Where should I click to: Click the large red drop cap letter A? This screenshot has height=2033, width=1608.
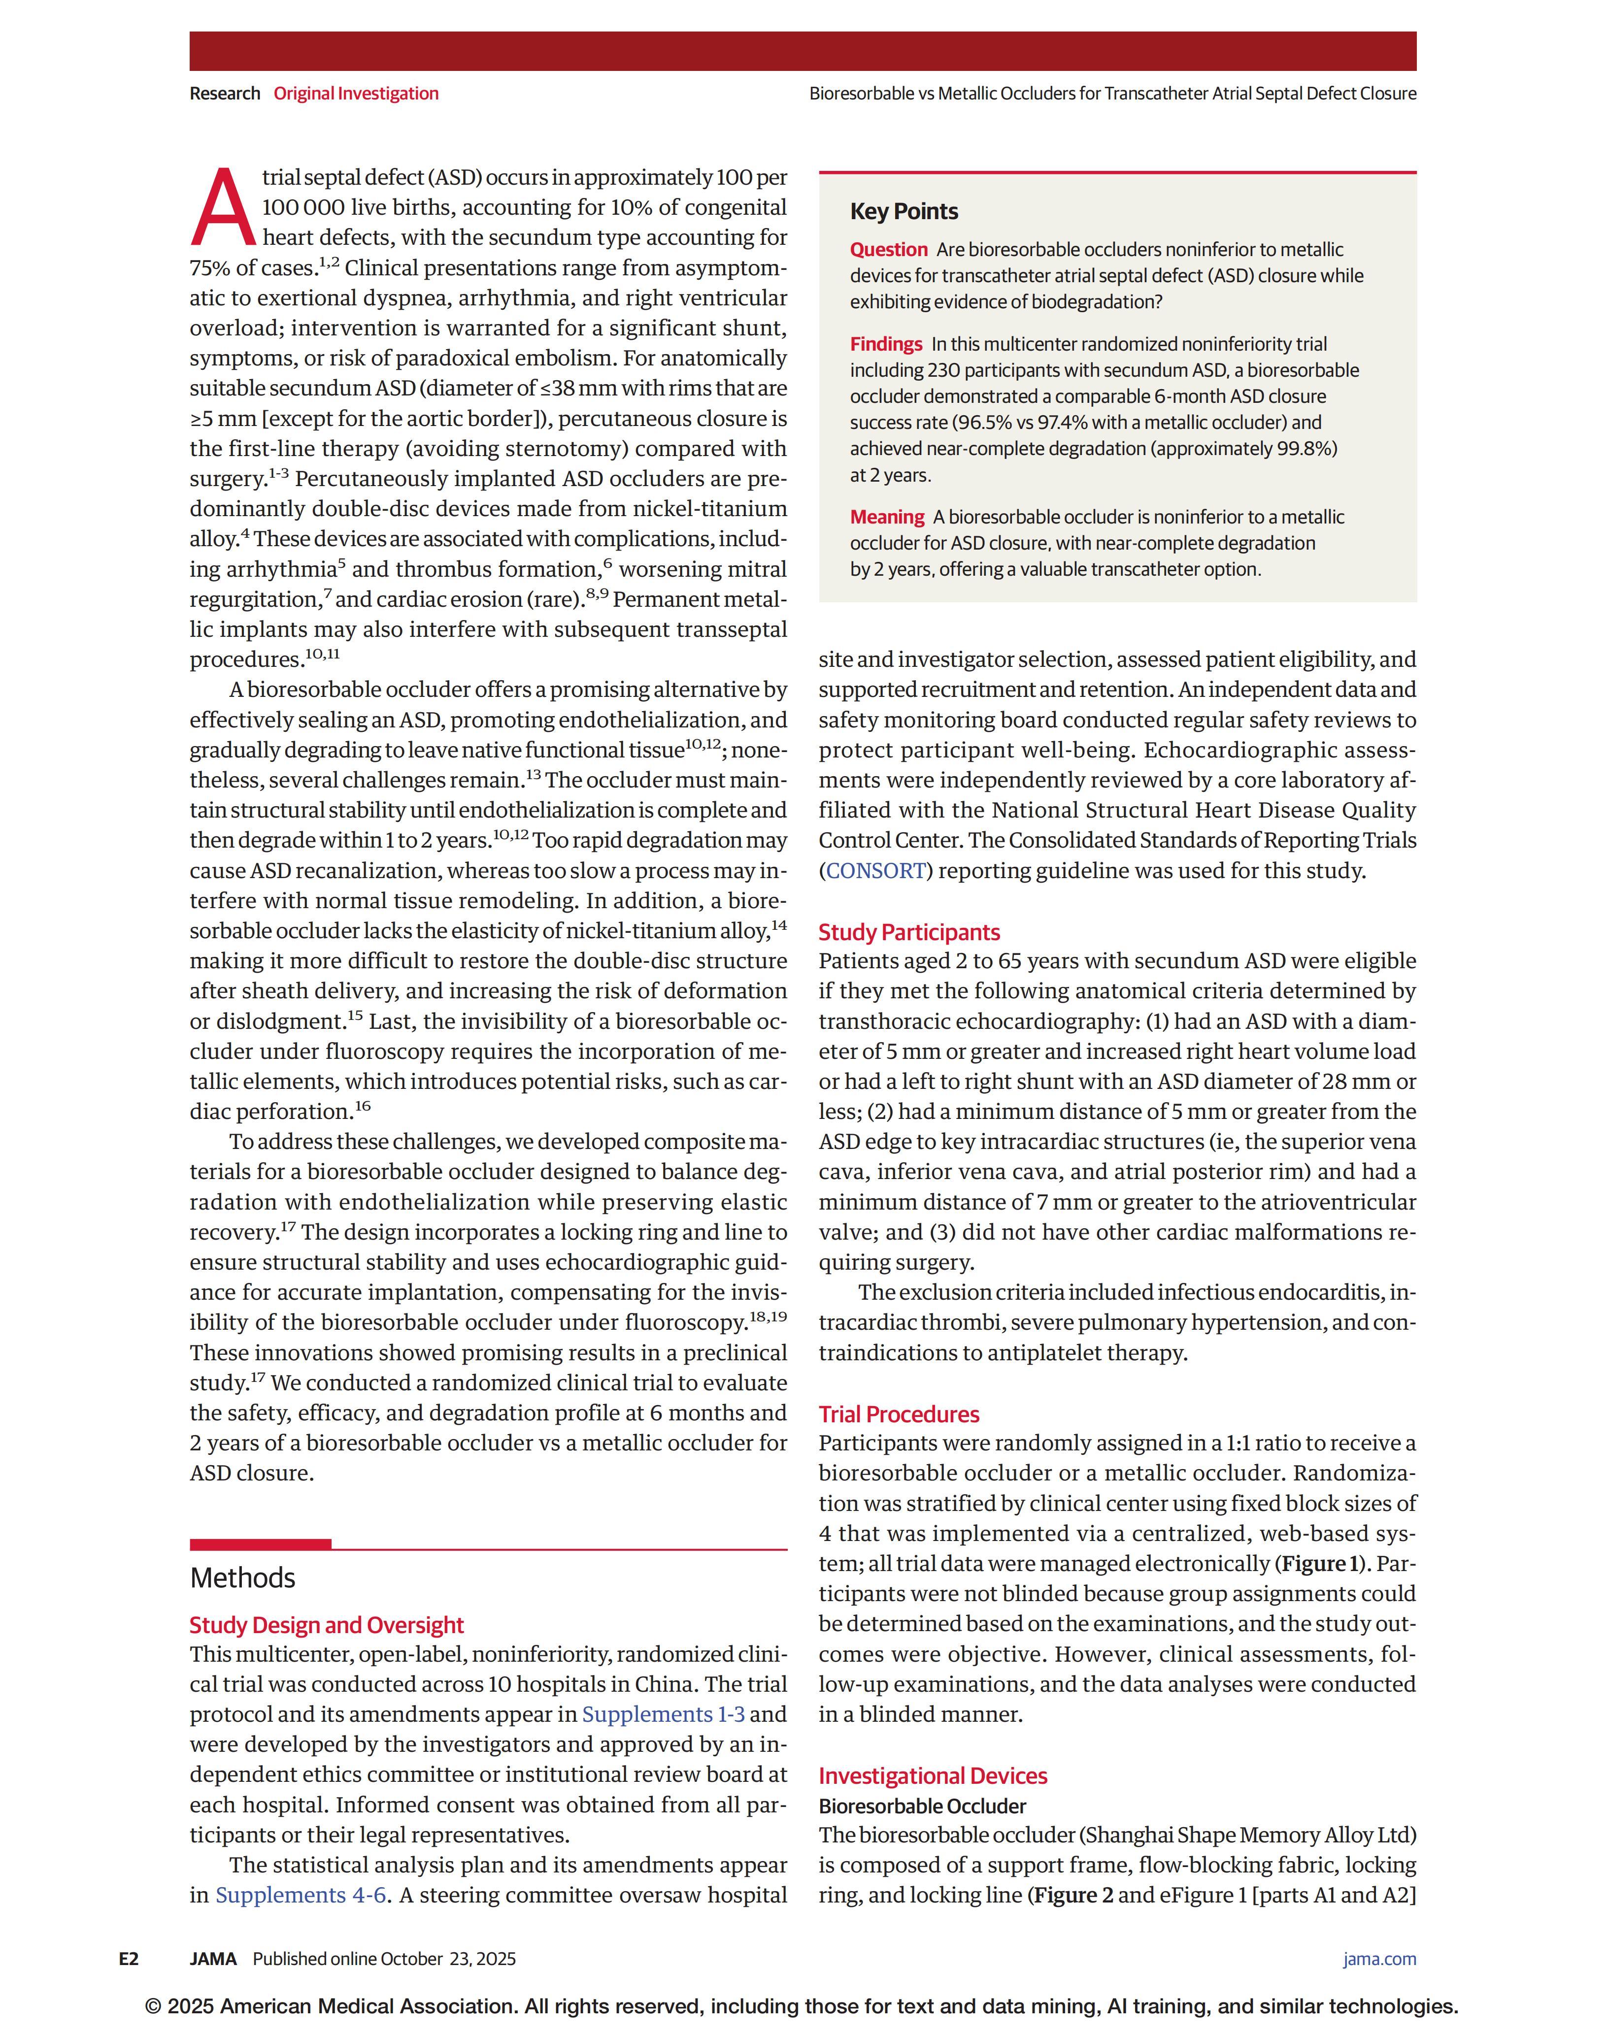[x=223, y=207]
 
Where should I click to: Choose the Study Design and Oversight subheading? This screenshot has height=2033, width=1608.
[x=326, y=1625]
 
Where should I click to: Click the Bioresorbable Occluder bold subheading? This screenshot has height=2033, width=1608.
[x=922, y=1805]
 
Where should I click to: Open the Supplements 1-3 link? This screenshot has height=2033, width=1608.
[x=663, y=1714]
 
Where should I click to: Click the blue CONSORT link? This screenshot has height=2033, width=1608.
[x=875, y=871]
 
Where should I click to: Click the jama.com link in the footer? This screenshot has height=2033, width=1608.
[x=1378, y=1959]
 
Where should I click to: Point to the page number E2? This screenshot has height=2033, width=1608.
[x=129, y=1959]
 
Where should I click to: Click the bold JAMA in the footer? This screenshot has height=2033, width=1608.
[x=213, y=1959]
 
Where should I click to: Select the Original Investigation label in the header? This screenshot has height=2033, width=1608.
[x=356, y=93]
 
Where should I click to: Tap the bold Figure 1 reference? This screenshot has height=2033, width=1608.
[x=1321, y=1563]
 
